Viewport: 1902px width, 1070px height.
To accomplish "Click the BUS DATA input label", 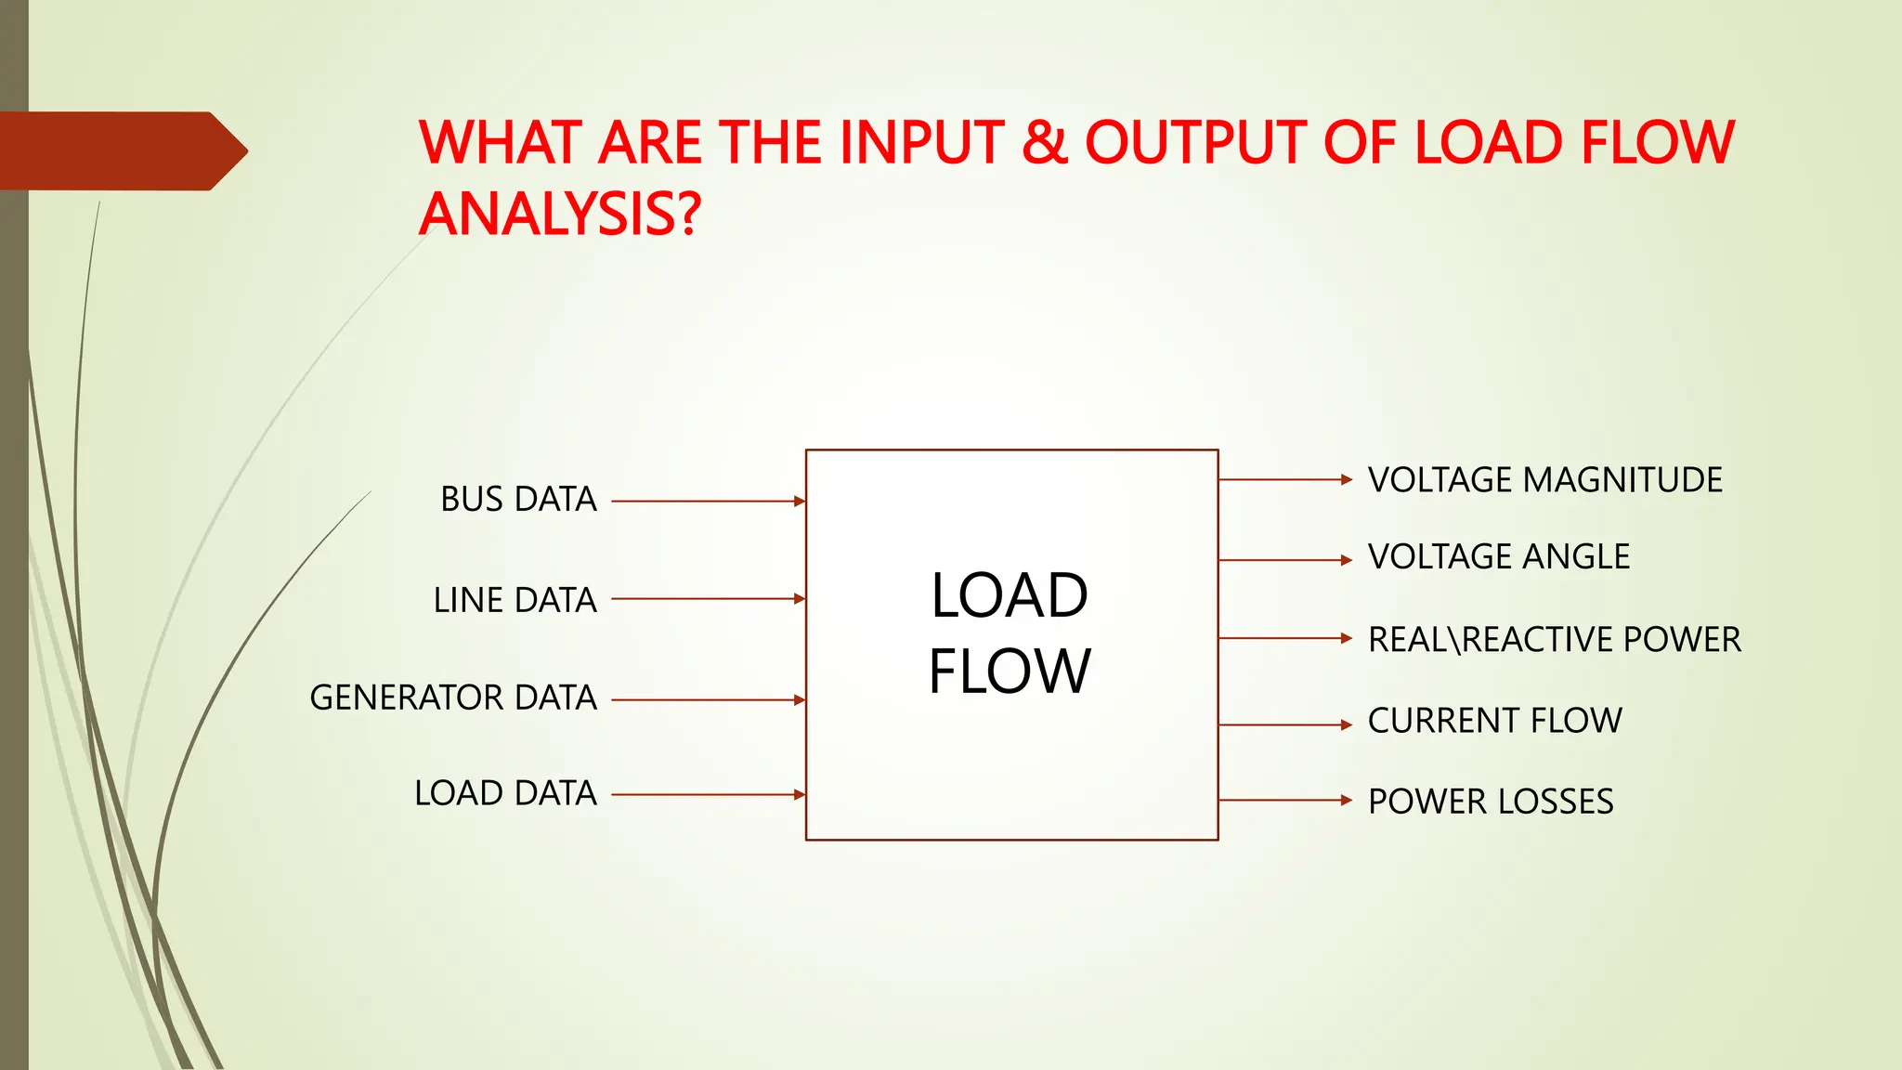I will coord(518,500).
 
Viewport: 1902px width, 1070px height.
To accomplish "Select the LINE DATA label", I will coord(515,600).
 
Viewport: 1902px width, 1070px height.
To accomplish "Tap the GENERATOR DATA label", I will coord(453,698).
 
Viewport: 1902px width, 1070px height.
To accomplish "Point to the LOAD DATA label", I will coord(505,793).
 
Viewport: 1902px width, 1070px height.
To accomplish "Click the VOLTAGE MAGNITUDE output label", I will coord(1544,480).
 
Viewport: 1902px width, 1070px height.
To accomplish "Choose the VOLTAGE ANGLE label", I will coord(1498,557).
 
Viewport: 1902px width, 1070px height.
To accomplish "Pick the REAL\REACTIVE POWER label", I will coord(1554,640).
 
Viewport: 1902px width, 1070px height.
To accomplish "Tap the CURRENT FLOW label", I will coord(1494,721).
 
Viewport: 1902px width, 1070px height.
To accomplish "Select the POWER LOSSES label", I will coord(1491,802).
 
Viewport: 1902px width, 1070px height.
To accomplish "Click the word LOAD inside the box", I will coord(1010,595).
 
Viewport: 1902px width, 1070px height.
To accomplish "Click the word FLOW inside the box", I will coord(1010,672).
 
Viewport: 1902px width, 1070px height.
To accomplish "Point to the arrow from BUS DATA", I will coord(708,502).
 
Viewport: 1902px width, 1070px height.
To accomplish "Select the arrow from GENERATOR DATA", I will coord(708,699).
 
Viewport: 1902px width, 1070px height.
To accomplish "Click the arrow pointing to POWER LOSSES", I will coord(1284,800).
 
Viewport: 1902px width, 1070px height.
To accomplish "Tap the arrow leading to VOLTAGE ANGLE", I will coord(1284,560).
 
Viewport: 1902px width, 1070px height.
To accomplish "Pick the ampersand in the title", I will coord(1044,143).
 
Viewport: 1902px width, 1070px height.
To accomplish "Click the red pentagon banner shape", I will coord(121,150).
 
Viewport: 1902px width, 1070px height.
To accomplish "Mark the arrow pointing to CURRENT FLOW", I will coord(1284,724).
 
